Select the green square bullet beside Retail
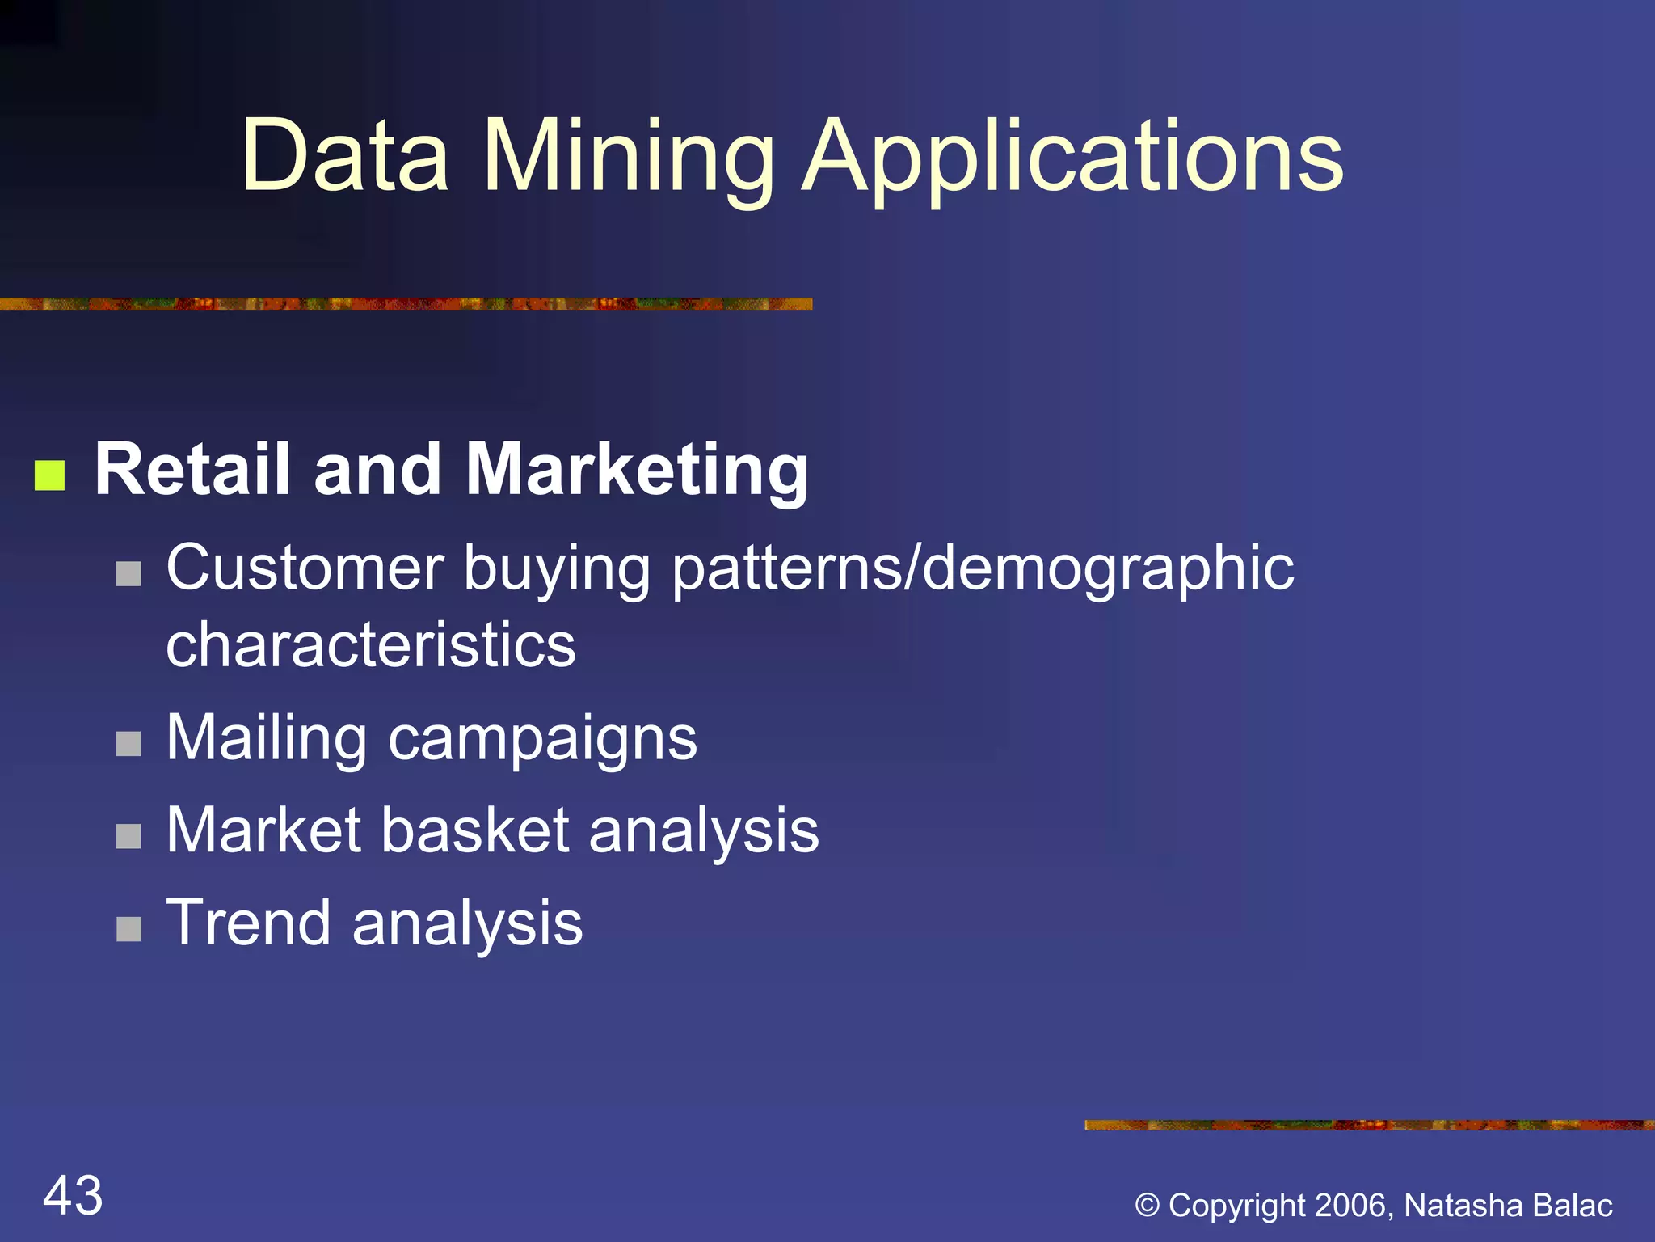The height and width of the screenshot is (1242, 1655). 49,475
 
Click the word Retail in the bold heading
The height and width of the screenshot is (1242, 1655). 192,470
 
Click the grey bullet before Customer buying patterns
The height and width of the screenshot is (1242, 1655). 128,574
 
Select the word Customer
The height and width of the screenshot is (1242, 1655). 305,568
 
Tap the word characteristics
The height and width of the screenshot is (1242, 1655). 371,645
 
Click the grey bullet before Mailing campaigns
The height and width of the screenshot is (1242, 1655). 128,744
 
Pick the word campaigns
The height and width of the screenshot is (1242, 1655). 542,738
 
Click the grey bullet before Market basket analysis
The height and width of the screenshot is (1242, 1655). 128,836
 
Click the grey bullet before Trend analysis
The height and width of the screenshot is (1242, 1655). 128,929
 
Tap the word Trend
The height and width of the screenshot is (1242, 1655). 248,923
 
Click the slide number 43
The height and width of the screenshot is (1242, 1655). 73,1196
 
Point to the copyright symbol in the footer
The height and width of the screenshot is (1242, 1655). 1148,1206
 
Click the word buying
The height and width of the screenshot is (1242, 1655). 557,568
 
